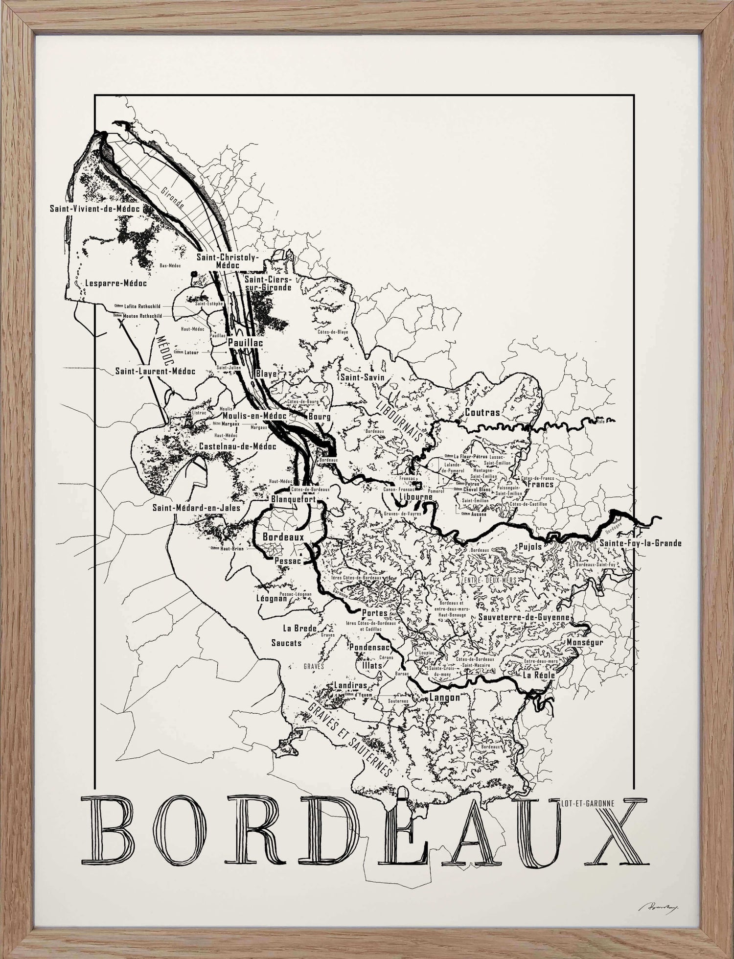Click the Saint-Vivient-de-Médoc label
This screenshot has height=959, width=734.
point(95,209)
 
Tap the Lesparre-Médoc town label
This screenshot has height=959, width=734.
point(116,283)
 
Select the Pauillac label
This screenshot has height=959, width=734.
point(245,343)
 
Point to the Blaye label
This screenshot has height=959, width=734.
point(266,374)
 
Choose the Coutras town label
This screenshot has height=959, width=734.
point(482,412)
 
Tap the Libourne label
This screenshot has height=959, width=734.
point(416,496)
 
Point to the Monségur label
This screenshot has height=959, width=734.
point(585,642)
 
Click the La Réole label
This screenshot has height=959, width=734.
point(538,675)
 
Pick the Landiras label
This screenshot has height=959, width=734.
point(350,686)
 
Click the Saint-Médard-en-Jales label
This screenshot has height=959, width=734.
point(196,508)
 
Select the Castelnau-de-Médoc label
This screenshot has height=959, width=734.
point(237,446)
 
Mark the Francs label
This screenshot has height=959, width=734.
point(540,484)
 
